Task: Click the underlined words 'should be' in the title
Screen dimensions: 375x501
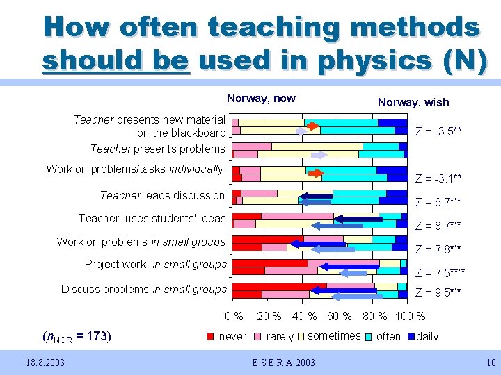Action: (116, 60)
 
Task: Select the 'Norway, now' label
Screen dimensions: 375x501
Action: (261, 99)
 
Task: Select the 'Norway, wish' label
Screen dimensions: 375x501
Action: (413, 102)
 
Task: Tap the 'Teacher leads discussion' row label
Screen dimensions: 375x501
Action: (163, 195)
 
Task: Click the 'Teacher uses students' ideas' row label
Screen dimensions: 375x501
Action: (152, 218)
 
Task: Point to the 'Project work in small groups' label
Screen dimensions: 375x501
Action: (156, 264)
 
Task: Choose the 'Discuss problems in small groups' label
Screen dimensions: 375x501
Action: (144, 289)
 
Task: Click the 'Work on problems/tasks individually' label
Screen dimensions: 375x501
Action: (135, 169)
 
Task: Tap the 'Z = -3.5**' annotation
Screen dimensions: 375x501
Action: (439, 130)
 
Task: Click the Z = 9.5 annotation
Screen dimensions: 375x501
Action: (438, 292)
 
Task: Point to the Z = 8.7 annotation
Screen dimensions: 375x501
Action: (438, 226)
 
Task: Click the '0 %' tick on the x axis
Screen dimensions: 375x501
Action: (234, 317)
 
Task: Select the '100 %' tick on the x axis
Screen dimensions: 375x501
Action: (411, 317)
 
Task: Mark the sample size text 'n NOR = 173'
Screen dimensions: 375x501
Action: (76, 337)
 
